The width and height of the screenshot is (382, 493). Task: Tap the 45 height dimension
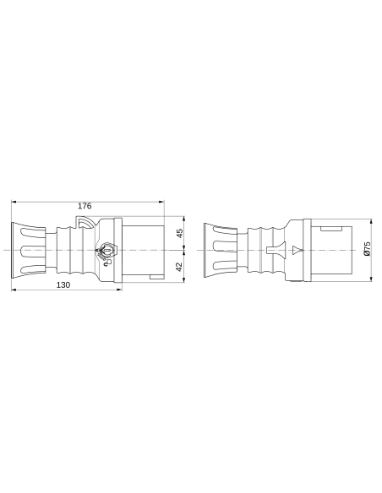pos(179,234)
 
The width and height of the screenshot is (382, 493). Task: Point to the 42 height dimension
pos(179,266)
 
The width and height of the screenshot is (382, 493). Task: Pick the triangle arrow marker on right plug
pos(295,251)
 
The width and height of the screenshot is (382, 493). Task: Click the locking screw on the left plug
pos(106,251)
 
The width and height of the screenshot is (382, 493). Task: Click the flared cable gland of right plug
pos(221,250)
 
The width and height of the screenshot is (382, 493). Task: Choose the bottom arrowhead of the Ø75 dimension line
pos(373,281)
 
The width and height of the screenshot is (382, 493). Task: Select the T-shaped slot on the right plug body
pos(271,251)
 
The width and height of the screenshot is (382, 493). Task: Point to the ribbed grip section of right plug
pos(264,250)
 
